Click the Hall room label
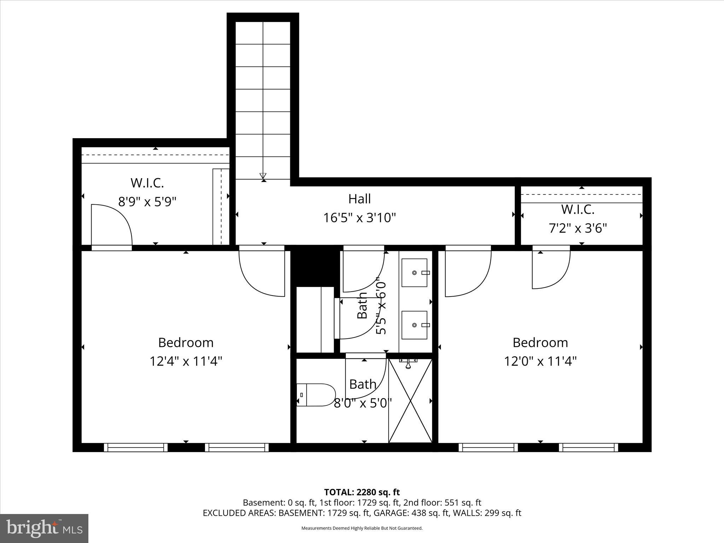[x=360, y=199]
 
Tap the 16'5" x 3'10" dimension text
[x=360, y=218]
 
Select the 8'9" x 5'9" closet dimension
[x=147, y=202]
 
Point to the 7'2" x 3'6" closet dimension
[x=578, y=228]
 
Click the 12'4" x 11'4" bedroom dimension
[x=186, y=361]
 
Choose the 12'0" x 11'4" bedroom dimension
[x=540, y=361]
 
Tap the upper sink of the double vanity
[x=414, y=273]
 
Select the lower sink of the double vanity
[x=414, y=325]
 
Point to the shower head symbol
[x=408, y=363]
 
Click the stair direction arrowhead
[x=263, y=176]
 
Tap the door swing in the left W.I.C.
[x=111, y=225]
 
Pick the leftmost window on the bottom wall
[x=136, y=448]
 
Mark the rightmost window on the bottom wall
[x=589, y=448]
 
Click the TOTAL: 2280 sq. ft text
[x=362, y=492]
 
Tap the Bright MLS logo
[x=44, y=528]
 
